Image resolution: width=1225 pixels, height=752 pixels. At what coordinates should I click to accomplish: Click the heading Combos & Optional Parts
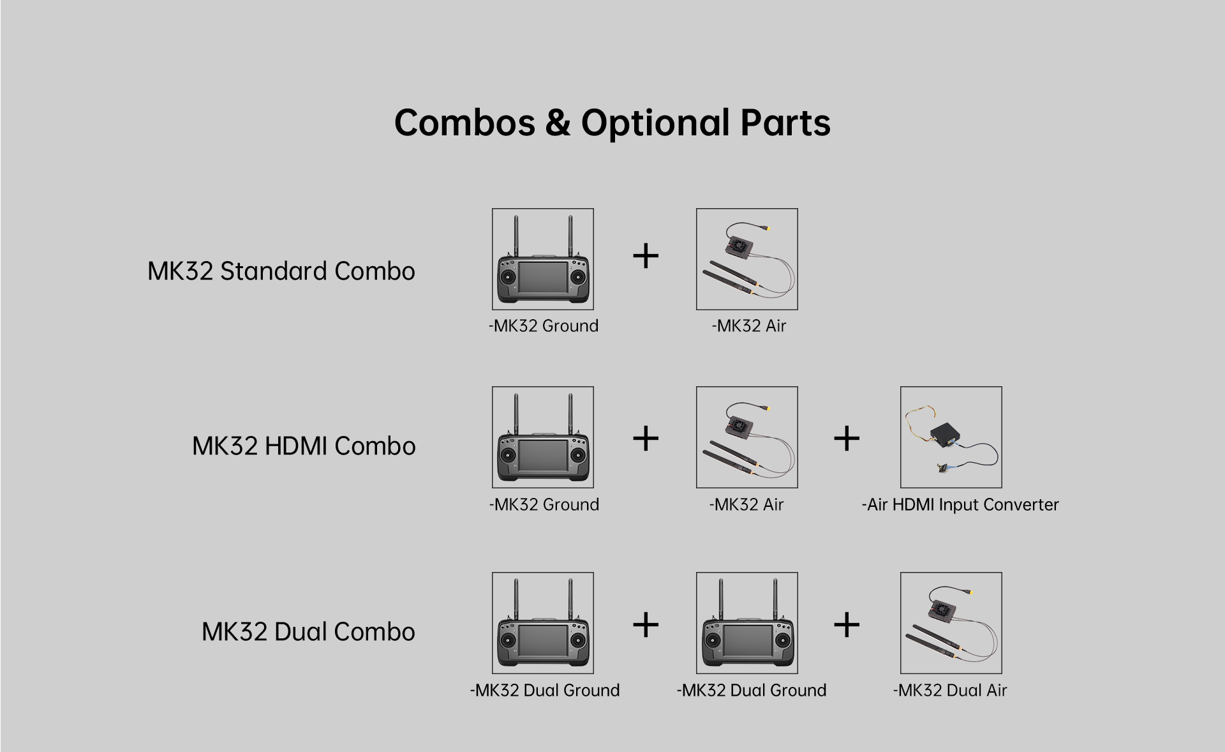612,122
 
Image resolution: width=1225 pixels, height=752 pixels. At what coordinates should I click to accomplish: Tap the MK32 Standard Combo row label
281,271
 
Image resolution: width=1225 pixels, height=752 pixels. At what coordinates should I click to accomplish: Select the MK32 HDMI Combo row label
304,446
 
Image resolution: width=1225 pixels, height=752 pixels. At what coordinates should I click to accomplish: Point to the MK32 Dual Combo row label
308,631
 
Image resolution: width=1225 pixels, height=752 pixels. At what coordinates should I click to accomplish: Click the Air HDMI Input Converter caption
960,504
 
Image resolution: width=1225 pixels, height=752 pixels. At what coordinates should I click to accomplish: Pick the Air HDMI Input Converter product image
951,437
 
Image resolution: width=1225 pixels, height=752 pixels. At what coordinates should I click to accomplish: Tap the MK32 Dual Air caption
949,690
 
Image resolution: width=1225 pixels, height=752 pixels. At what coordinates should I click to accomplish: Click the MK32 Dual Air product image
951,623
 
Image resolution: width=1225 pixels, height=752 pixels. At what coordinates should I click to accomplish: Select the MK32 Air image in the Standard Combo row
746,259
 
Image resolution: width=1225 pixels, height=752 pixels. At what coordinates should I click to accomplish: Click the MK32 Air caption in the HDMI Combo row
746,504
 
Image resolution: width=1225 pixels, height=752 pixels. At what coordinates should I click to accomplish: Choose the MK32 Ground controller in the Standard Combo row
542,259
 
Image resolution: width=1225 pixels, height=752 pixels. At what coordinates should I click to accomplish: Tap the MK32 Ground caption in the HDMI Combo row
544,504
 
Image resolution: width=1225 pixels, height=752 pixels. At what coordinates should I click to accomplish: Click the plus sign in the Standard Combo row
645,256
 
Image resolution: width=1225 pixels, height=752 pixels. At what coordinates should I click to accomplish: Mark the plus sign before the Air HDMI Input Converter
847,439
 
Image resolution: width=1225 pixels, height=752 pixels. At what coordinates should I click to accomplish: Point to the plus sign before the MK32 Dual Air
847,624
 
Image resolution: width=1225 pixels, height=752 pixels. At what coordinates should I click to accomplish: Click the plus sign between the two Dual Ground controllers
645,624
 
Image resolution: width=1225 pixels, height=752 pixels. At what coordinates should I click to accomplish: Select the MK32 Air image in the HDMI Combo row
746,437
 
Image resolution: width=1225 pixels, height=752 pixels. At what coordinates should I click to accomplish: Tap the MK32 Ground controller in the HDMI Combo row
542,437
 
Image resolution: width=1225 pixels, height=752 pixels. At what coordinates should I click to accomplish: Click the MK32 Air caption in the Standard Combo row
748,326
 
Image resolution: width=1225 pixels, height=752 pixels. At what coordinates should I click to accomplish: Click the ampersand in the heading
558,123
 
